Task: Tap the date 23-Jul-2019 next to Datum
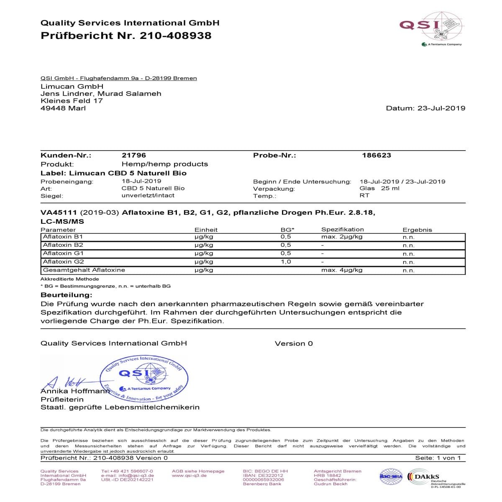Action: click(441, 108)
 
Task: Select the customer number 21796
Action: click(134, 155)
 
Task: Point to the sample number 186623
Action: click(376, 155)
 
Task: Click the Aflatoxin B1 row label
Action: click(63, 237)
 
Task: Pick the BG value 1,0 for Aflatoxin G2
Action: click(286, 262)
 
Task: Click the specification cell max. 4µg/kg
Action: click(341, 270)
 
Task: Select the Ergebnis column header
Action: click(417, 230)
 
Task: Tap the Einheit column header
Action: click(206, 230)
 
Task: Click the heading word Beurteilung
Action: click(66, 295)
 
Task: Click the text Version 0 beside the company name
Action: click(294, 343)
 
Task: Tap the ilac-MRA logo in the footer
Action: click(390, 476)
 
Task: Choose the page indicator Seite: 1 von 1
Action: click(438, 458)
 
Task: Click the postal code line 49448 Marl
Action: click(63, 108)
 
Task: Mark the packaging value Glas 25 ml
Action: click(379, 188)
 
